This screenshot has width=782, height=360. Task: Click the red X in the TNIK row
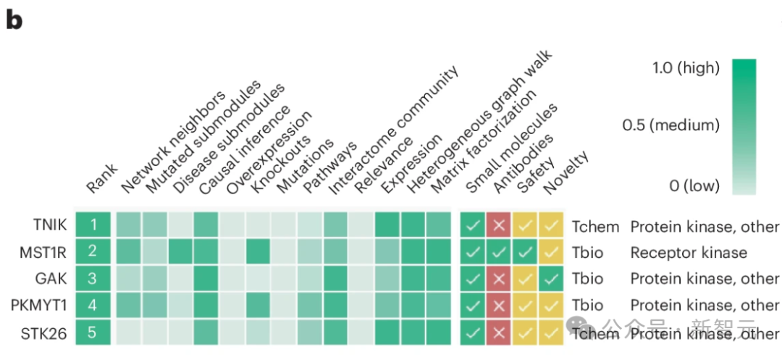pyautogui.click(x=499, y=226)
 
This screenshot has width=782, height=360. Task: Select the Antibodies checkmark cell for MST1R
pyautogui.click(x=499, y=252)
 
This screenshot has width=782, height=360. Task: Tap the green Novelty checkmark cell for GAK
pyautogui.click(x=551, y=279)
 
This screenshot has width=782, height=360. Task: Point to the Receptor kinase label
pyautogui.click(x=688, y=252)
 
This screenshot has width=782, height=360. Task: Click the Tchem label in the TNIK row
pyautogui.click(x=595, y=226)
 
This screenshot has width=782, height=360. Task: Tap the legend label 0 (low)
pyautogui.click(x=694, y=185)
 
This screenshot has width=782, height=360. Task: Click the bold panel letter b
pyautogui.click(x=15, y=20)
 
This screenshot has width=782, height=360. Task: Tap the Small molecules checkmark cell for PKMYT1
pyautogui.click(x=473, y=305)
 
